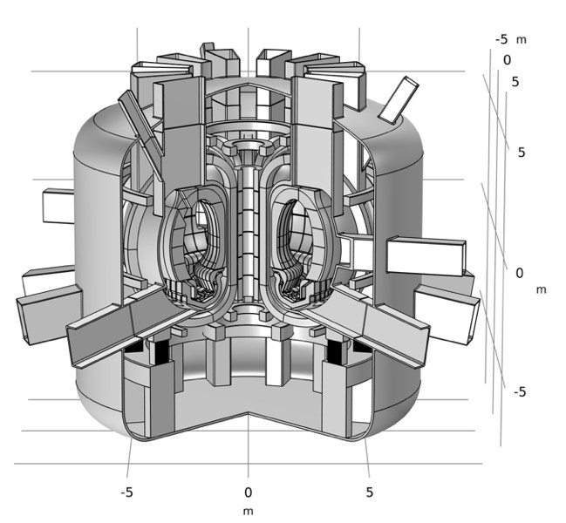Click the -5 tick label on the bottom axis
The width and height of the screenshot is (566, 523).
(x=127, y=492)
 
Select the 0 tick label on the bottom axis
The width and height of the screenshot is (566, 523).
(x=248, y=492)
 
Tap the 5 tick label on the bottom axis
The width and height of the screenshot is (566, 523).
(x=369, y=492)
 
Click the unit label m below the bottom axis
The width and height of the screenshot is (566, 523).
(x=248, y=511)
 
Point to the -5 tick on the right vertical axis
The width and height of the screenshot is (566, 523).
(x=519, y=392)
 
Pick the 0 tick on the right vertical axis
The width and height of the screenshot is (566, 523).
(x=519, y=273)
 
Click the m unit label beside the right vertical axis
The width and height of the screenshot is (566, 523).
(x=541, y=289)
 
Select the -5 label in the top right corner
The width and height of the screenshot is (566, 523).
(x=501, y=39)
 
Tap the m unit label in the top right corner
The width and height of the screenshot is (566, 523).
(x=522, y=39)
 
